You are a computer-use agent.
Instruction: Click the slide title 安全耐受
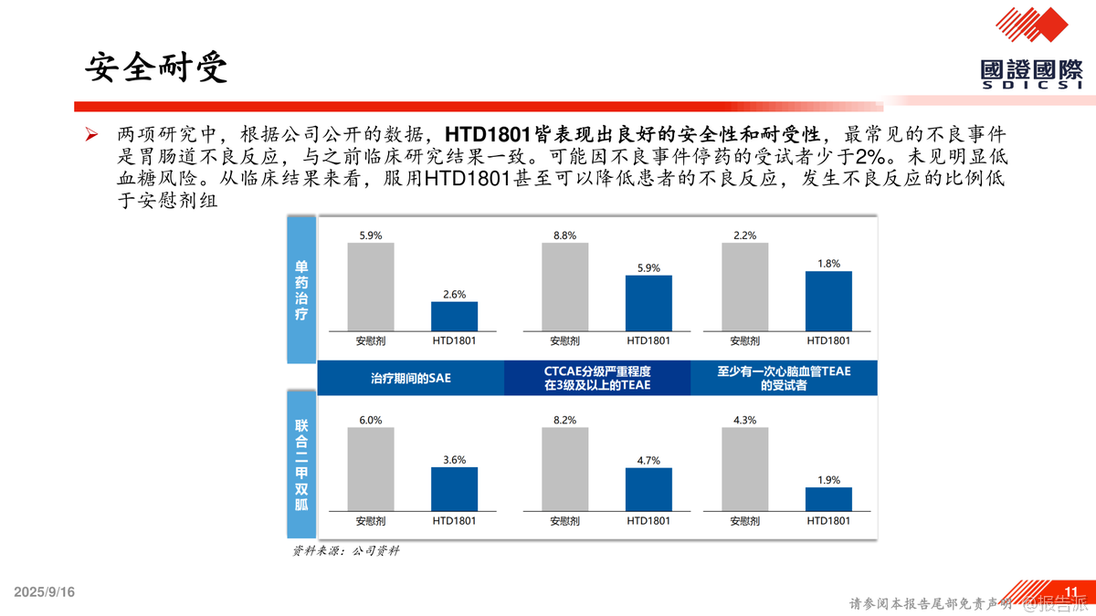(x=157, y=68)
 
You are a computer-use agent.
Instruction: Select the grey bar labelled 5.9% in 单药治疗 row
(x=370, y=286)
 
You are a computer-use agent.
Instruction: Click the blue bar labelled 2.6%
(x=454, y=316)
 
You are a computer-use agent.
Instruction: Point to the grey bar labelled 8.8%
(x=564, y=286)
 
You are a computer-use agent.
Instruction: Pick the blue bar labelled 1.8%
(x=828, y=300)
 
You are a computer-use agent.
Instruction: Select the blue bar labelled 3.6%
(x=454, y=488)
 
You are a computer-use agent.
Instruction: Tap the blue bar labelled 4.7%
(x=648, y=488)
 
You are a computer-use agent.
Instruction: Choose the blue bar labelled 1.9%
(x=828, y=499)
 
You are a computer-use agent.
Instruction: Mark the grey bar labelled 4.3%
(x=744, y=469)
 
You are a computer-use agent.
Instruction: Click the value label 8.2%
(x=564, y=420)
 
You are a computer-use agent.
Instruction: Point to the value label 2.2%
(x=744, y=235)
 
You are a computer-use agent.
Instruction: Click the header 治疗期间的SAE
(x=411, y=378)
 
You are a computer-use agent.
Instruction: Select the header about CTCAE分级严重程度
(x=597, y=378)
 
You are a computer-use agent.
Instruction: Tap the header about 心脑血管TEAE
(x=784, y=378)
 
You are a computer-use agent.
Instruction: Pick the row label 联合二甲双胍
(x=301, y=465)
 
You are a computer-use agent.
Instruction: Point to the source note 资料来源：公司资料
(x=346, y=551)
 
